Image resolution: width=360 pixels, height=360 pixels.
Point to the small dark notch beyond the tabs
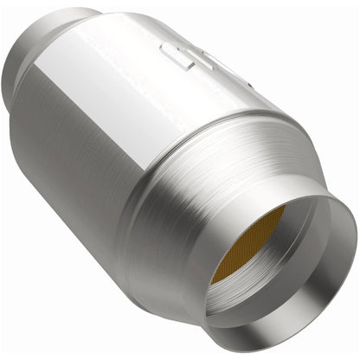[x=245, y=87]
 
